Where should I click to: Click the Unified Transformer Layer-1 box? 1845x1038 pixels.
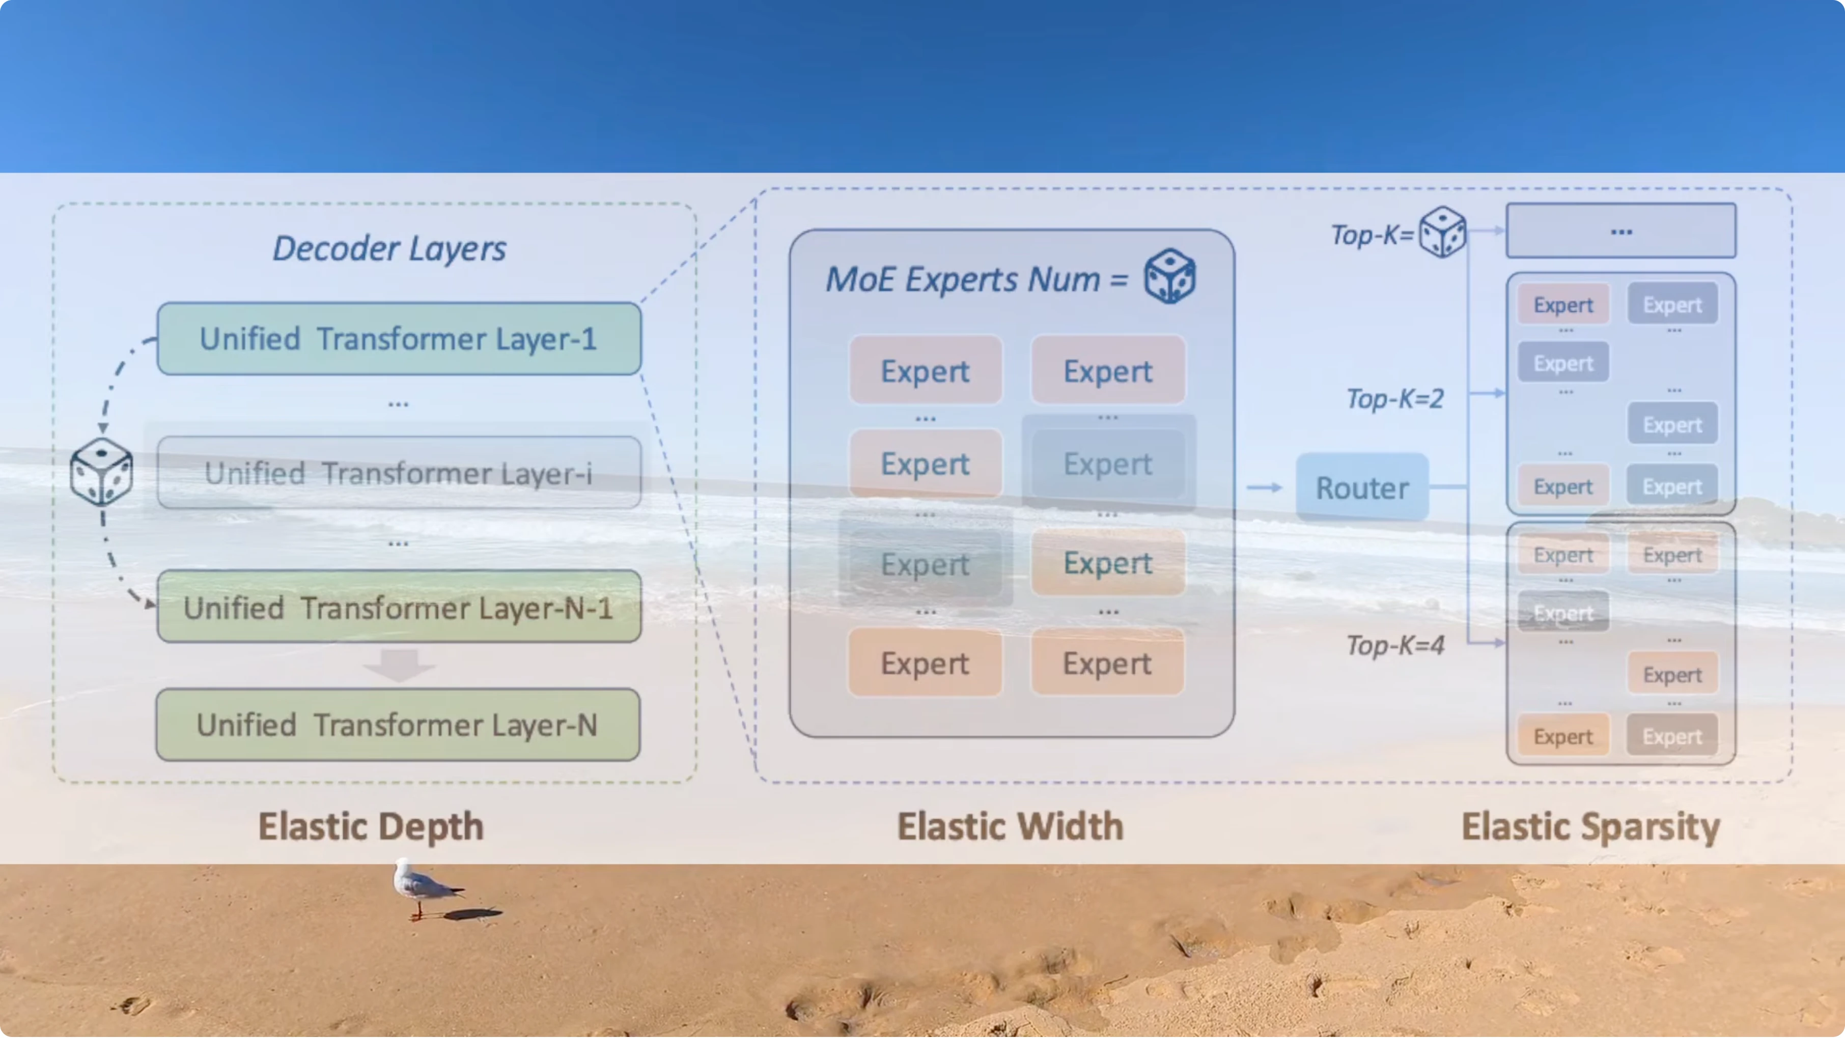pos(399,338)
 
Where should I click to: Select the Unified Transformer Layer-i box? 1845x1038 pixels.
pos(399,473)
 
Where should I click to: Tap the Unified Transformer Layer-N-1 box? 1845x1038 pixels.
pos(399,607)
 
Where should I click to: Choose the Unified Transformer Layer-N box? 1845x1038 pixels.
pos(398,725)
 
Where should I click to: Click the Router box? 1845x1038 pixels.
pos(1362,487)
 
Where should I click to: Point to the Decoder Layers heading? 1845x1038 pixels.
pos(389,248)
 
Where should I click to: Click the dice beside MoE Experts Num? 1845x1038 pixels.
pos(1169,276)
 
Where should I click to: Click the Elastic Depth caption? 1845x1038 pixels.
pos(371,826)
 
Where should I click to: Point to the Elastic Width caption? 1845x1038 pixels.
pos(1011,826)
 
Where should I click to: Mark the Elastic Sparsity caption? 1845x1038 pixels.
pos(1591,827)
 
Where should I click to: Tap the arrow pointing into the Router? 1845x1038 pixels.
pos(1264,487)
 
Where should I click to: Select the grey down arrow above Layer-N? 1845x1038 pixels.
pos(399,665)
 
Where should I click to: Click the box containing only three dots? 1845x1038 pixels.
pos(1621,230)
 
